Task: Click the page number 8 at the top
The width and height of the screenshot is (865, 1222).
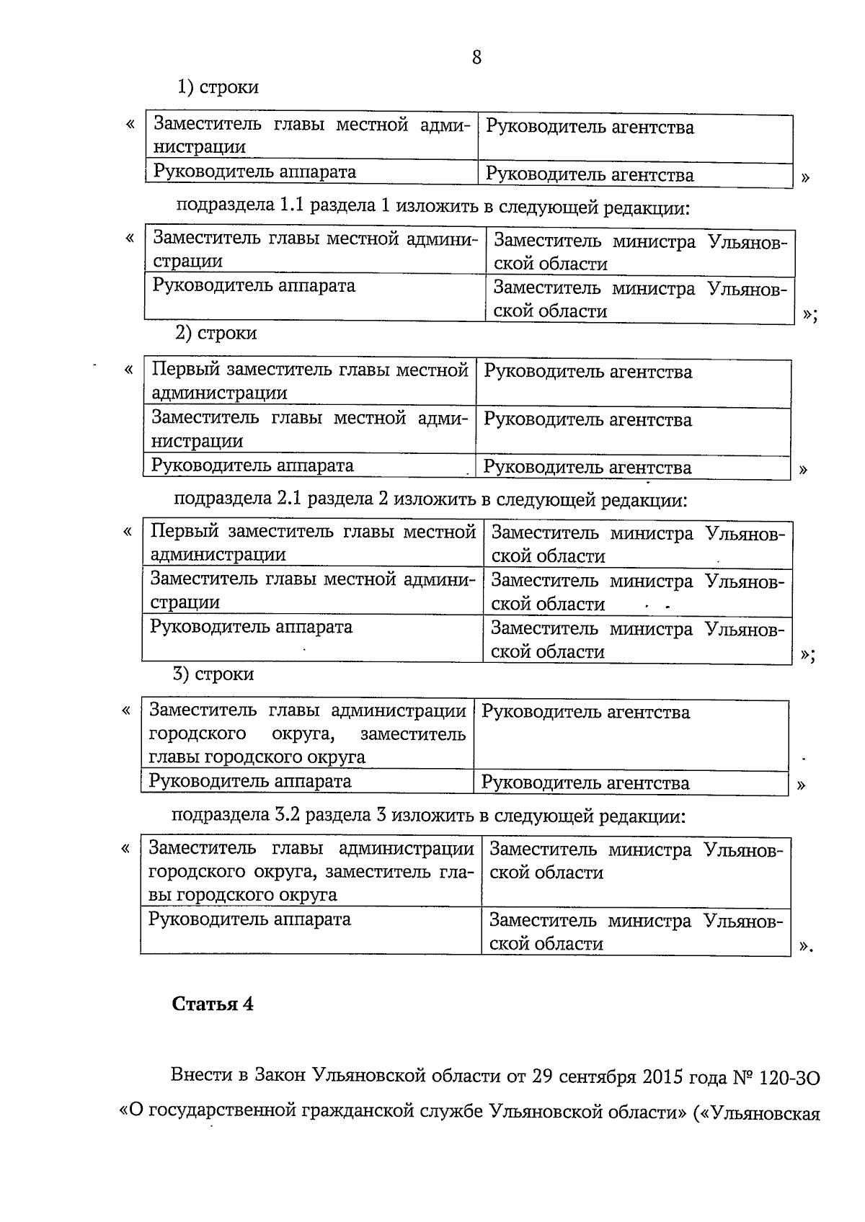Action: coord(476,58)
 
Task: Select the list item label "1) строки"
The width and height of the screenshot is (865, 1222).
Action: coord(218,87)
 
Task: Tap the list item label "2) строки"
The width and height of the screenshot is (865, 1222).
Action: coord(216,333)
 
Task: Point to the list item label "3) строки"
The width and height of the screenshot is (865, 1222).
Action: coord(213,674)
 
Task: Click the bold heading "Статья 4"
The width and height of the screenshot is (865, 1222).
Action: coord(213,1004)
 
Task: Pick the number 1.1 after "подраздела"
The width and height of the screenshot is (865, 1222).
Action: coord(293,207)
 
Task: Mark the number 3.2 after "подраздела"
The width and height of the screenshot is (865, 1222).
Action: coord(288,816)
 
